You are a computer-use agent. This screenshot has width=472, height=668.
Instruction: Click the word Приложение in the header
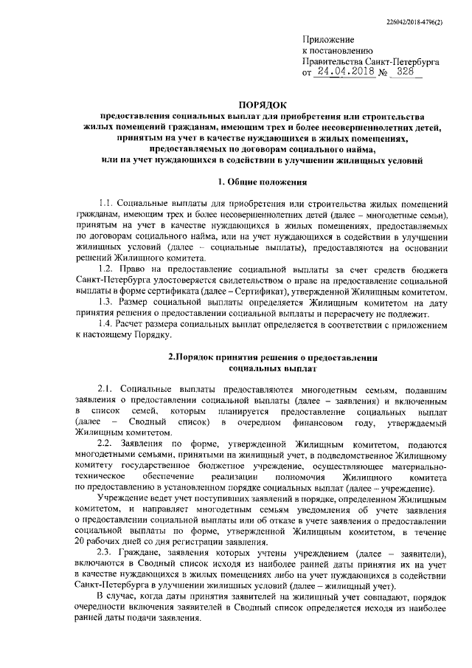[329, 38]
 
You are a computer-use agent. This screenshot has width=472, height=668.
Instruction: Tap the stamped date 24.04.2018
[343, 74]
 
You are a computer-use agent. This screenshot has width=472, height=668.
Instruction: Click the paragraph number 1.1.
[106, 203]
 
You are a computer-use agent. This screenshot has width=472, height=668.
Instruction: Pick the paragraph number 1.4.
[106, 326]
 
